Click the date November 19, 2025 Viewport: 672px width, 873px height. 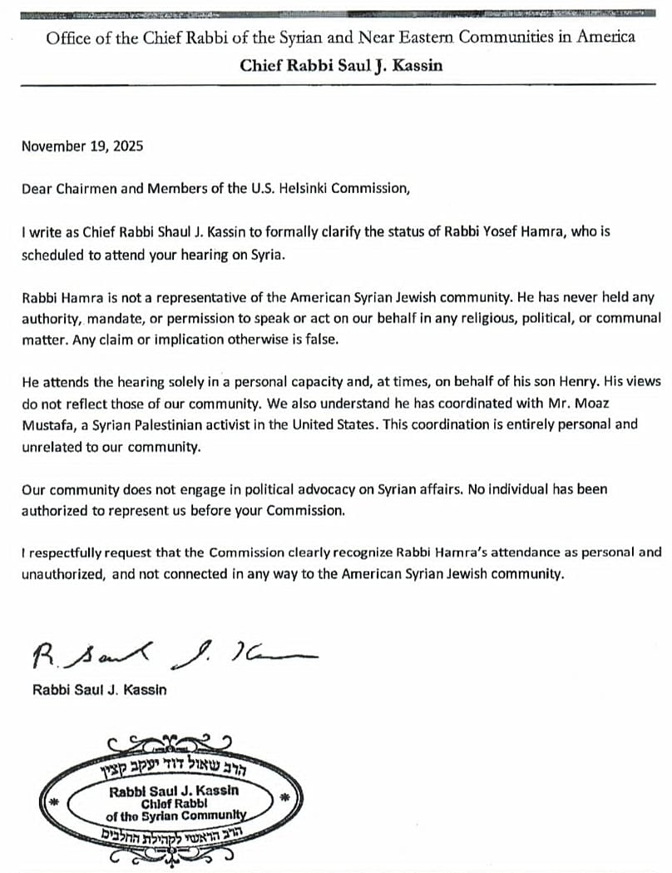[x=82, y=146]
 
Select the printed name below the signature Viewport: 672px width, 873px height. [x=99, y=689]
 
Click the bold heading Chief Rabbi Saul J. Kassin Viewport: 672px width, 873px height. [x=341, y=65]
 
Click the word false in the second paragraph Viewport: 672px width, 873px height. [x=321, y=339]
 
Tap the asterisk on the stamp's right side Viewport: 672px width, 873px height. [x=285, y=798]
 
